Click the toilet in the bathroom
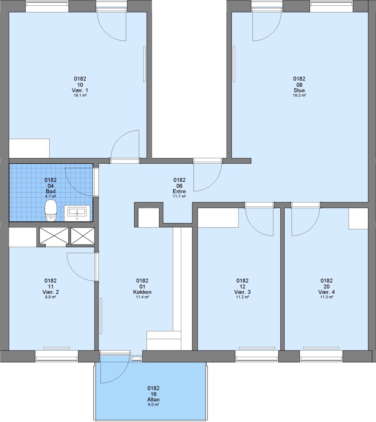point(50,211)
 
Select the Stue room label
point(299,90)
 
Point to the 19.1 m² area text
point(80,95)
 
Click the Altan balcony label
point(154,400)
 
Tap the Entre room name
point(179,191)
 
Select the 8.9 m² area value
point(50,297)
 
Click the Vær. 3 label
point(242,292)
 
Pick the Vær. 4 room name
point(326,292)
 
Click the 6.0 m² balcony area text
point(154,404)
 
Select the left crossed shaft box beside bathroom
point(54,236)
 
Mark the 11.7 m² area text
point(179,197)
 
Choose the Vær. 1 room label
point(80,90)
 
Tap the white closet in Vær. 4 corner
point(358,218)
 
